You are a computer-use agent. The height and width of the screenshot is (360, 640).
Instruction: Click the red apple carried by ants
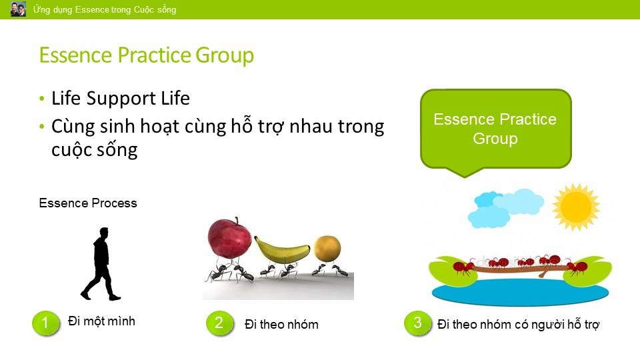[230, 239]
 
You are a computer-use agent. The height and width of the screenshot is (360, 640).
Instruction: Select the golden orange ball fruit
[327, 248]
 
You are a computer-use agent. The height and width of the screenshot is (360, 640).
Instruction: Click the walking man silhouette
[101, 264]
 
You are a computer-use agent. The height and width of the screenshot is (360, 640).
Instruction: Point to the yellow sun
[576, 207]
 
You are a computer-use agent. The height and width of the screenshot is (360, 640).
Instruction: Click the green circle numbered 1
[46, 323]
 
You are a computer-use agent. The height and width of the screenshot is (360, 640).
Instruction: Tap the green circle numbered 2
[219, 323]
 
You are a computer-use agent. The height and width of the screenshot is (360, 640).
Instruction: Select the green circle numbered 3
[417, 323]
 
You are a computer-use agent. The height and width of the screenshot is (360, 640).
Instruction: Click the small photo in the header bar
[18, 9]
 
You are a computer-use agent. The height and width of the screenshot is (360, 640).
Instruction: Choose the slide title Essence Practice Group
[147, 55]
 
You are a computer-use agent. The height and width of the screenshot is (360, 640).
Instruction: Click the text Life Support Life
[121, 98]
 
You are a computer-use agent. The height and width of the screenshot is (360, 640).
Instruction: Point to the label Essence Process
[88, 203]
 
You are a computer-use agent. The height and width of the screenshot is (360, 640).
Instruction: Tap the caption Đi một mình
[101, 321]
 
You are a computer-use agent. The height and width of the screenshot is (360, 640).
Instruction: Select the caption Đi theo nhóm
[281, 325]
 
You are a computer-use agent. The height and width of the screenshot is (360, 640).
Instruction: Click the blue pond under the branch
[521, 292]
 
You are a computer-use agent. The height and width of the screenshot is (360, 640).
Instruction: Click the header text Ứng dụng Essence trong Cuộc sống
[105, 9]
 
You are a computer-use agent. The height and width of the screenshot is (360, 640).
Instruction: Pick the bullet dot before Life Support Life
[41, 99]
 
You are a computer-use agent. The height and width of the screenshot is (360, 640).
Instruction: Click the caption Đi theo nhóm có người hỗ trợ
[519, 325]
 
